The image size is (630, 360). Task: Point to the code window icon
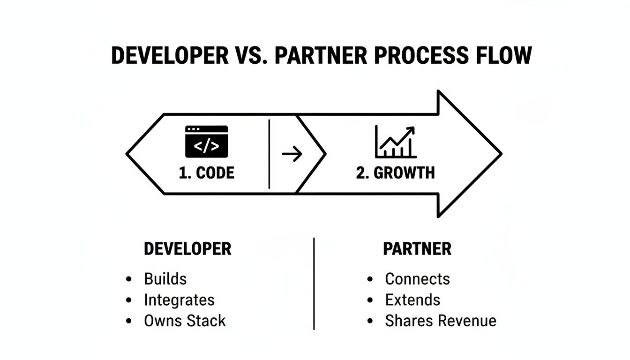[x=206, y=141]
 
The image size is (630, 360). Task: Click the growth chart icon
[x=395, y=142]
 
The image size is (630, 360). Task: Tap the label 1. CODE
[x=206, y=173]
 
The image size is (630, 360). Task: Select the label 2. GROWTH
[x=395, y=173]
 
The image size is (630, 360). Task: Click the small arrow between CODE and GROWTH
[x=292, y=154]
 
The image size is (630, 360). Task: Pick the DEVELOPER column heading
[x=187, y=249]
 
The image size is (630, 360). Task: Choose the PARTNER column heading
[x=417, y=249]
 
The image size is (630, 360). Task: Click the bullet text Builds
[x=165, y=279]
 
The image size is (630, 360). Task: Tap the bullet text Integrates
[x=179, y=300]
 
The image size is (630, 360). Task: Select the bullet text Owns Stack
[x=185, y=321]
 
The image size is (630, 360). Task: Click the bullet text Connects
[x=417, y=279]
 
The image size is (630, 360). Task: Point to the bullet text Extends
[x=412, y=300]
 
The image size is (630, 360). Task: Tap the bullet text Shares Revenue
[x=441, y=321]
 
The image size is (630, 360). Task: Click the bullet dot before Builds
[x=129, y=279]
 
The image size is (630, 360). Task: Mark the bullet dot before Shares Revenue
[x=370, y=322]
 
